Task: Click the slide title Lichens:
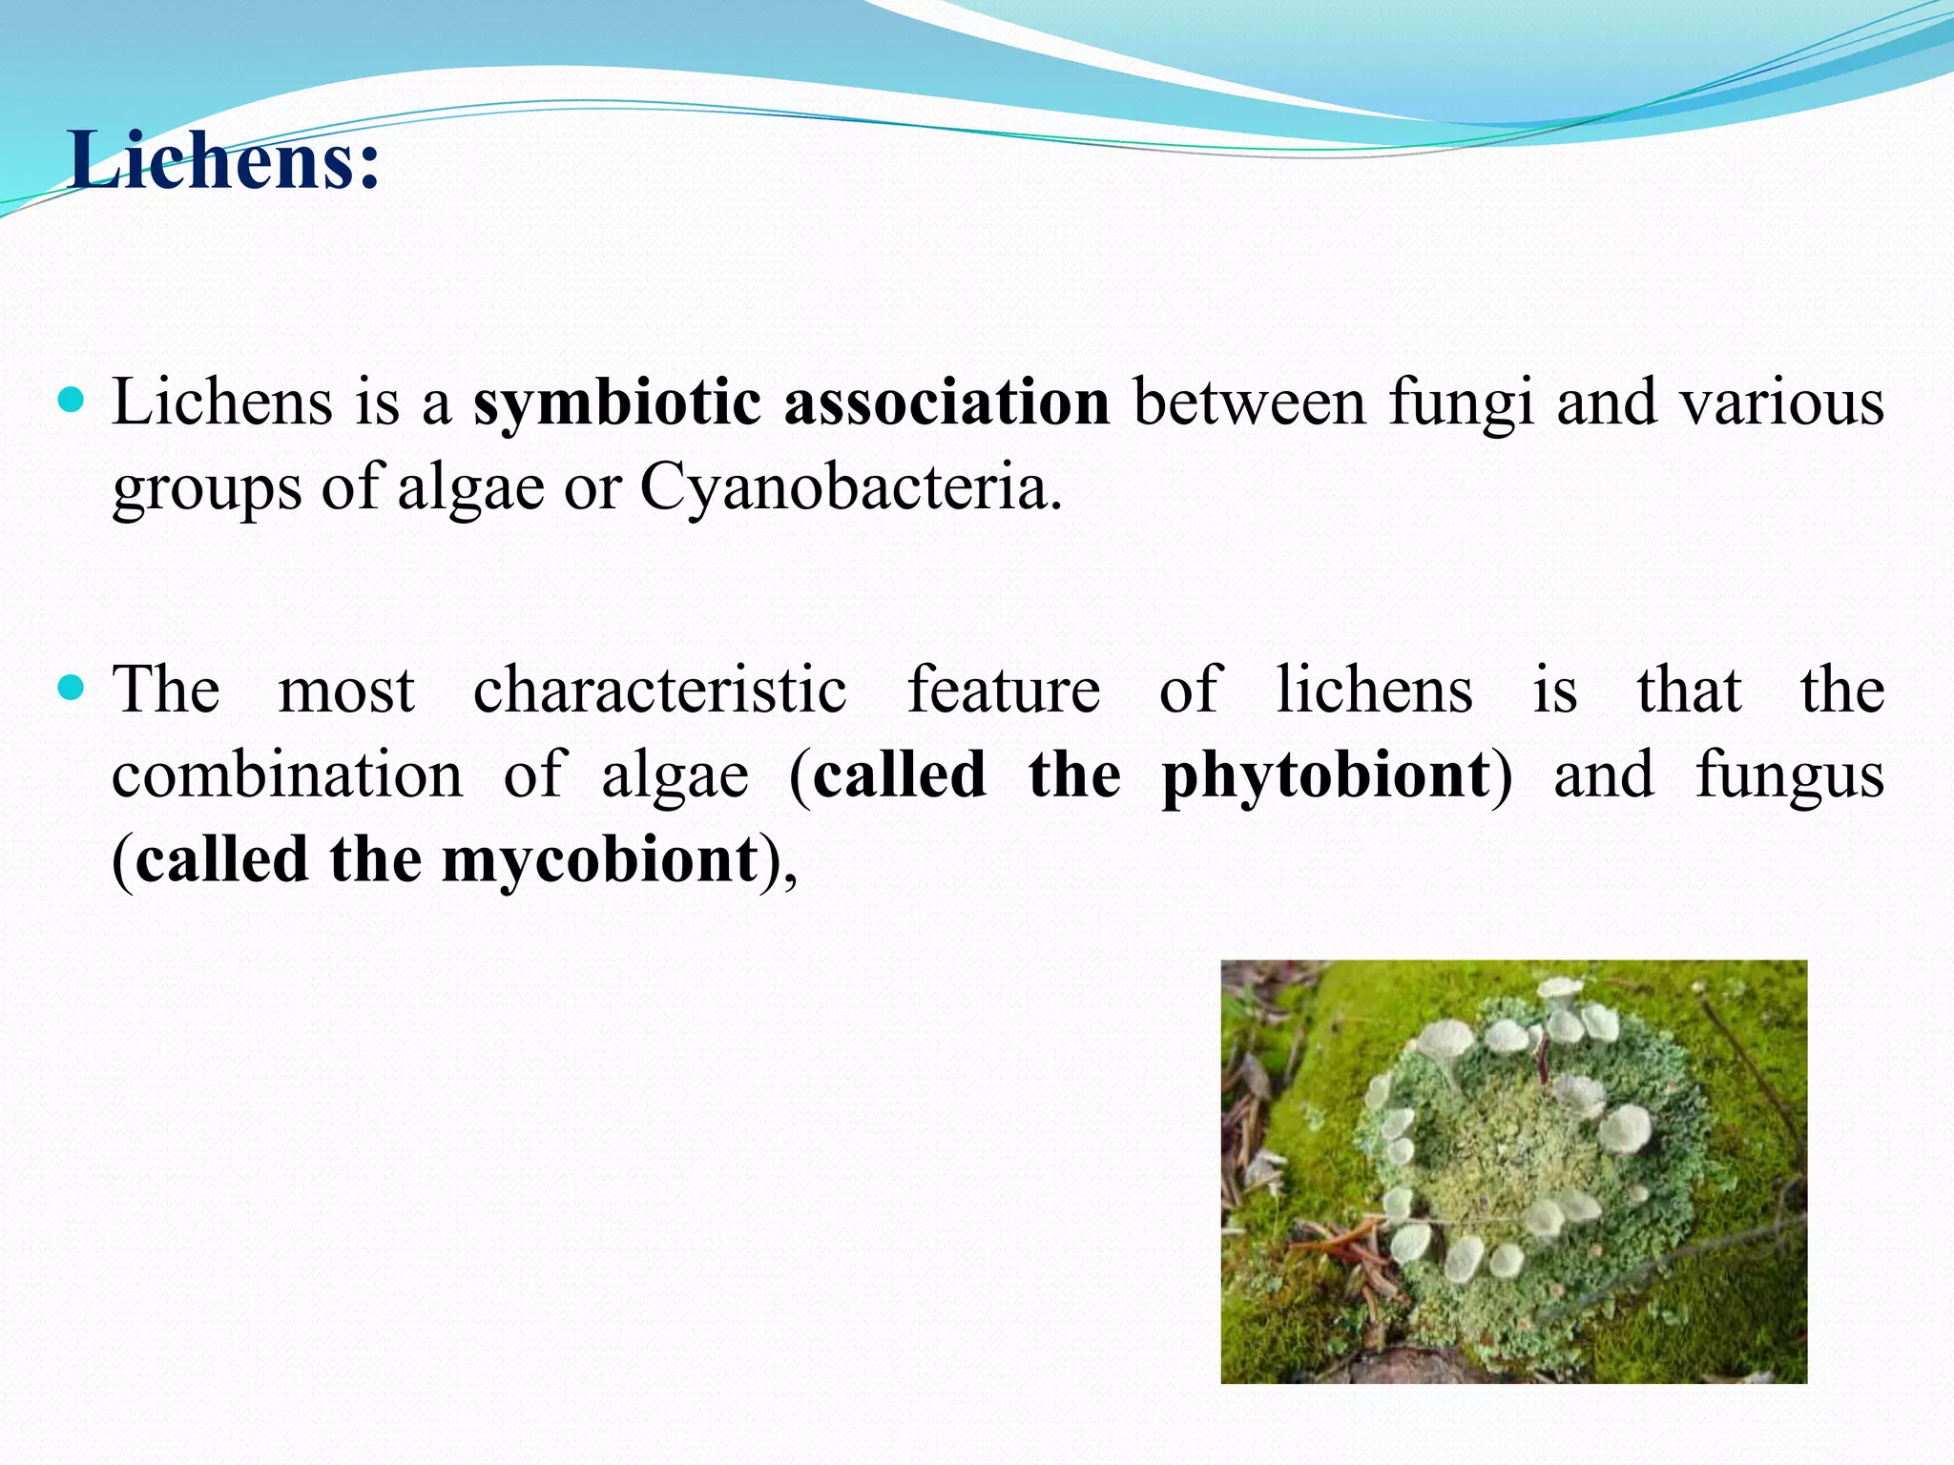pyautogui.click(x=224, y=160)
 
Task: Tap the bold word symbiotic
pyautogui.click(x=616, y=402)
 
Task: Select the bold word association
pyautogui.click(x=946, y=402)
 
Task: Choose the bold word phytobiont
pyautogui.click(x=1326, y=774)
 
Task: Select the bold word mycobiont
pyautogui.click(x=599, y=859)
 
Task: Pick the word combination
pyautogui.click(x=287, y=774)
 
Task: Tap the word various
pyautogui.click(x=1781, y=402)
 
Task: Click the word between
pyautogui.click(x=1250, y=402)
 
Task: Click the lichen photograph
pyautogui.click(x=1513, y=1171)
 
